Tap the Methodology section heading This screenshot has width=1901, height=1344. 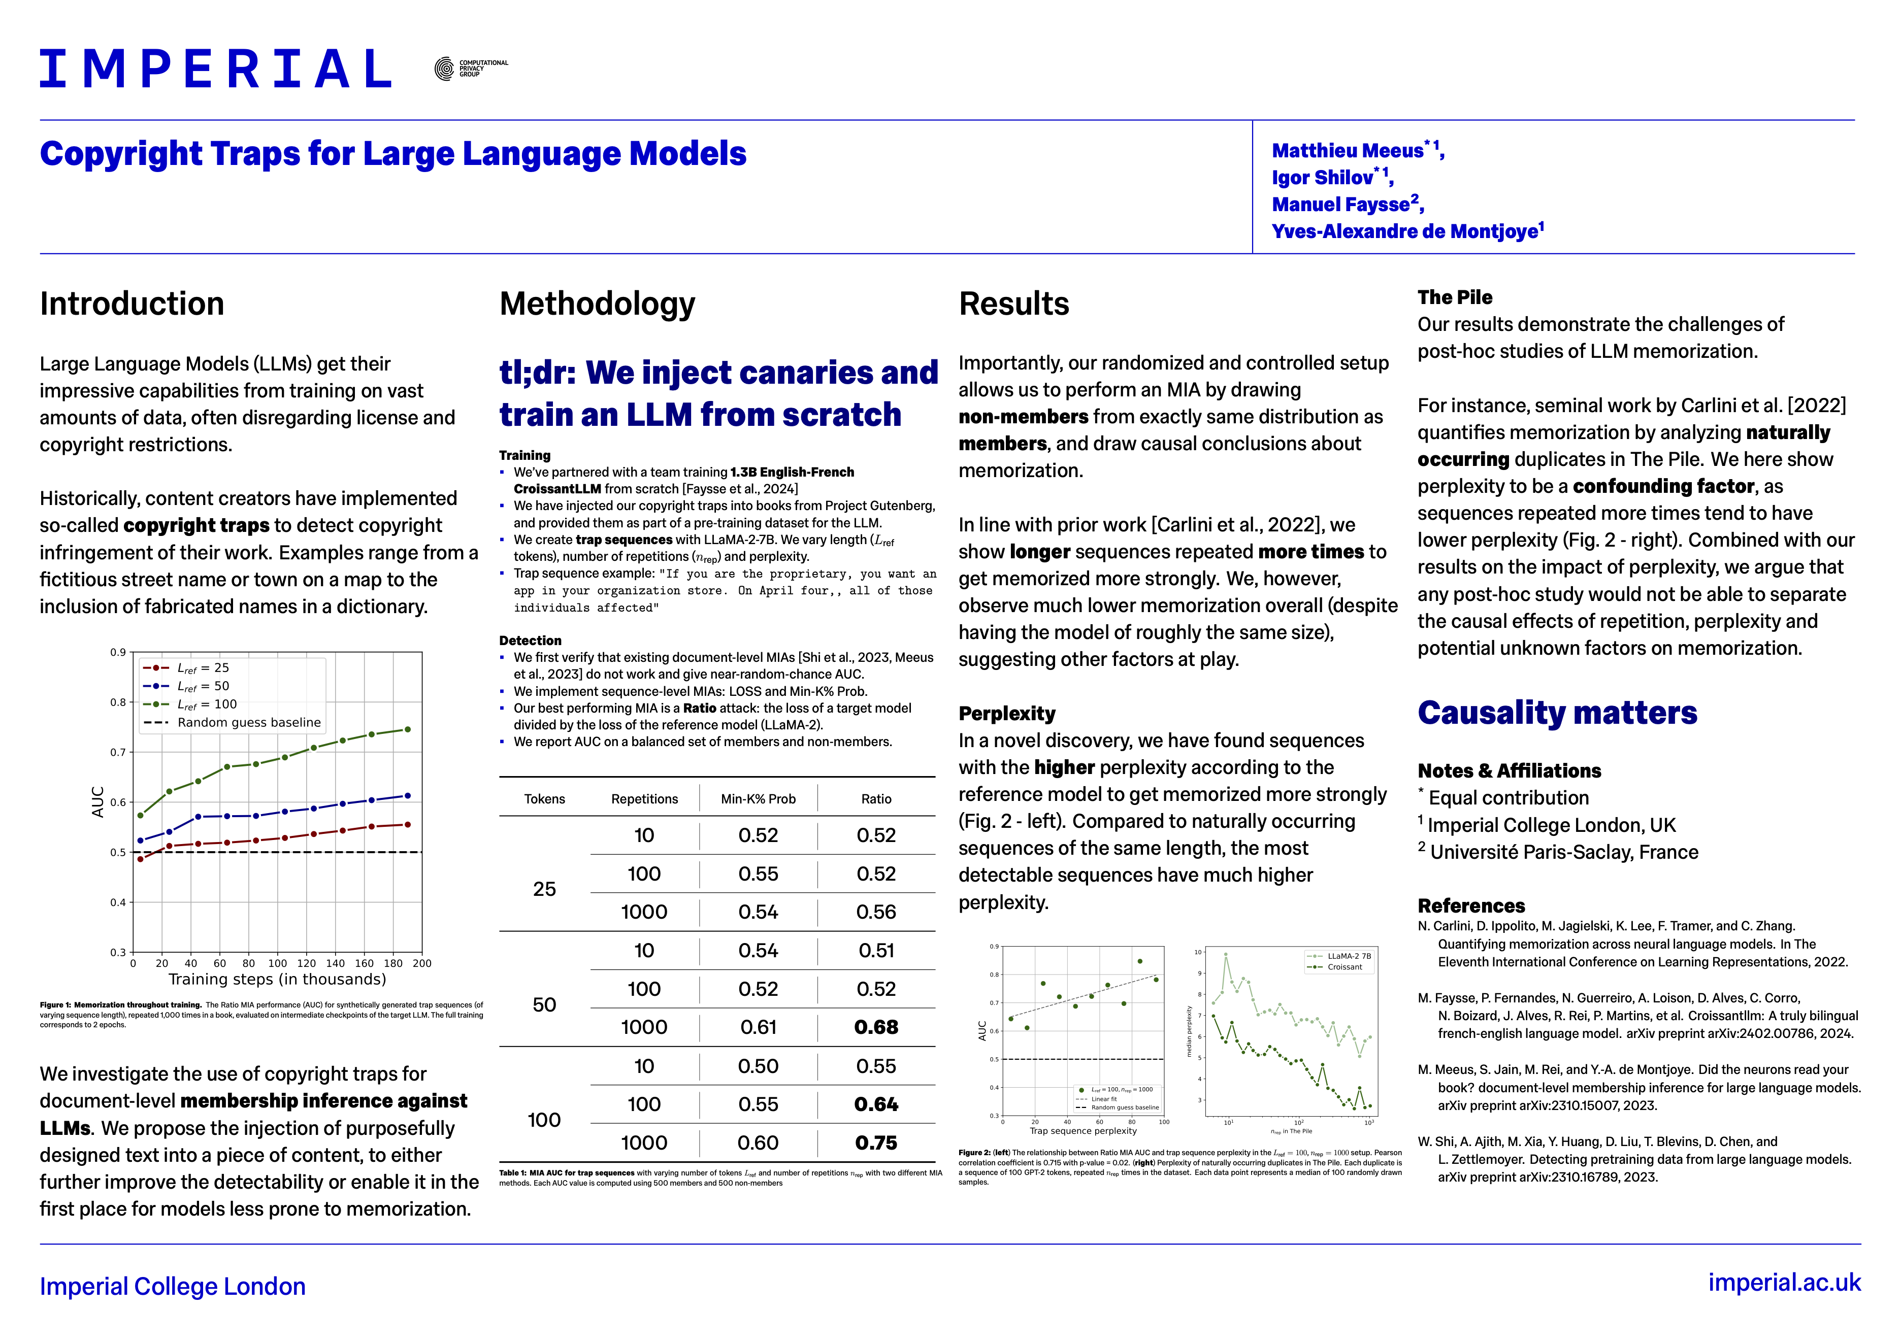[597, 304]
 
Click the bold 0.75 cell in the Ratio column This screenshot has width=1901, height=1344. [876, 1143]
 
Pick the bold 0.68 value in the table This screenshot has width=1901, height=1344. [876, 1027]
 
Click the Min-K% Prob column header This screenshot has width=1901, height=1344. [758, 798]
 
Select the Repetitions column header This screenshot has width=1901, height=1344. [644, 798]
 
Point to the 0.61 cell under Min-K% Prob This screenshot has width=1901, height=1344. [758, 1027]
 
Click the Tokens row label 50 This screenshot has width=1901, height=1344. [544, 1004]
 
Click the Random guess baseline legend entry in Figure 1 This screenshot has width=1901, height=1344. [248, 722]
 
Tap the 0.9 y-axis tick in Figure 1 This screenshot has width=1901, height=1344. [118, 652]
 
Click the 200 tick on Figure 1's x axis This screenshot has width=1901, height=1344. [422, 963]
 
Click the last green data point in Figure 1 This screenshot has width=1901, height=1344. [407, 729]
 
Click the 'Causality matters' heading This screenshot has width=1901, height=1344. [1557, 713]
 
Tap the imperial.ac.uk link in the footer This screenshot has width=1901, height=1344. [1784, 1283]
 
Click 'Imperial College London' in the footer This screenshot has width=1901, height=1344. [172, 1286]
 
